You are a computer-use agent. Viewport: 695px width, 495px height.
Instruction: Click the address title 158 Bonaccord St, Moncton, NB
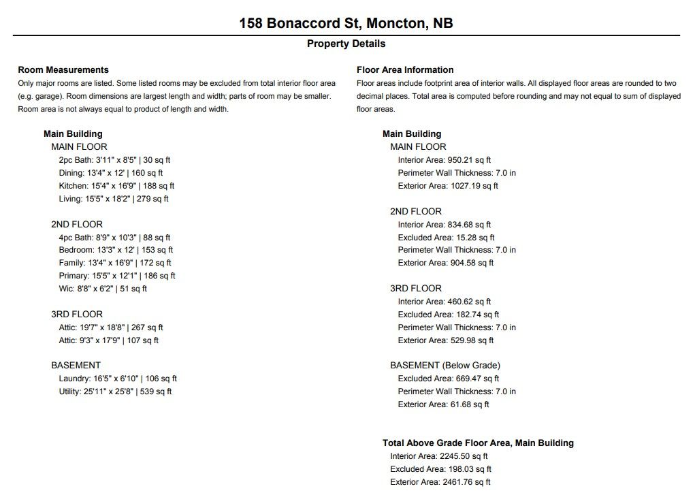pos(346,23)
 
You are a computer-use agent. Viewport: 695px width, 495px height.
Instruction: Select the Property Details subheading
pos(346,44)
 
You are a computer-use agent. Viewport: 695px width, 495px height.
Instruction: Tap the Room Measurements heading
pos(63,69)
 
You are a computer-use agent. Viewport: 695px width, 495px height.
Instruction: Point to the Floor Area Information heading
pos(405,69)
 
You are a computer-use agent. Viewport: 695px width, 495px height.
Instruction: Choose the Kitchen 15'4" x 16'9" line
pos(116,186)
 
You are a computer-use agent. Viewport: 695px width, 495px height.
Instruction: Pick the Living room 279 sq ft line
pos(114,199)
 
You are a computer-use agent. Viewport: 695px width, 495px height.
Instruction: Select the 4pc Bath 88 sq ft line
pos(114,238)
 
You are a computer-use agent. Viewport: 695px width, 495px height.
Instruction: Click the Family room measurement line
pos(115,263)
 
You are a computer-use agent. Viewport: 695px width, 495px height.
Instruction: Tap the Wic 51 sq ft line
pos(103,289)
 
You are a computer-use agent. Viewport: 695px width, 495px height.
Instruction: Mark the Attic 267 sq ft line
pos(111,328)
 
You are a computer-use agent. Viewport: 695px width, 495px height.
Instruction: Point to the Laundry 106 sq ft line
pos(118,379)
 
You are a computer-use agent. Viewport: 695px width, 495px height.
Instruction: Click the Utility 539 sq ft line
pos(115,392)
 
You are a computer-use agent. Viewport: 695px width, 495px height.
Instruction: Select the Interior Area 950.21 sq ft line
pos(445,160)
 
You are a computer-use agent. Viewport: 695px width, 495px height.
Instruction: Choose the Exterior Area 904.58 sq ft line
pos(446,263)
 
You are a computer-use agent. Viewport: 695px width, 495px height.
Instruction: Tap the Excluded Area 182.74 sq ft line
pos(449,315)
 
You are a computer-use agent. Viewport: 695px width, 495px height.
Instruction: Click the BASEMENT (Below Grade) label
pos(445,366)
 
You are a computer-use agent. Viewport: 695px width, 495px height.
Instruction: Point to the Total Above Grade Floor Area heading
pos(478,443)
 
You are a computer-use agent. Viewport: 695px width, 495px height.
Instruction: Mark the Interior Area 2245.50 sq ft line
pos(439,456)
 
